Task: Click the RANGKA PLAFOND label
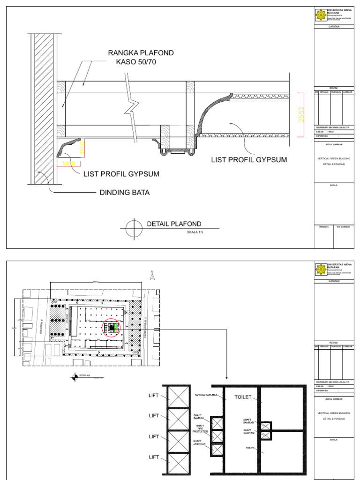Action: [141, 53]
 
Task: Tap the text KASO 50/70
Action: [136, 62]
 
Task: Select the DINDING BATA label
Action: [124, 192]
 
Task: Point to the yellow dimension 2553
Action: [301, 115]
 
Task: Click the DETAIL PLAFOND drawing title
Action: [174, 224]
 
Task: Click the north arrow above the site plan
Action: [152, 277]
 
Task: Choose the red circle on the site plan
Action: [112, 328]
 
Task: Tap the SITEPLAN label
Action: [85, 375]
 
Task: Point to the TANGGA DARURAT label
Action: [206, 395]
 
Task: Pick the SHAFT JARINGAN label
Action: [200, 443]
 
